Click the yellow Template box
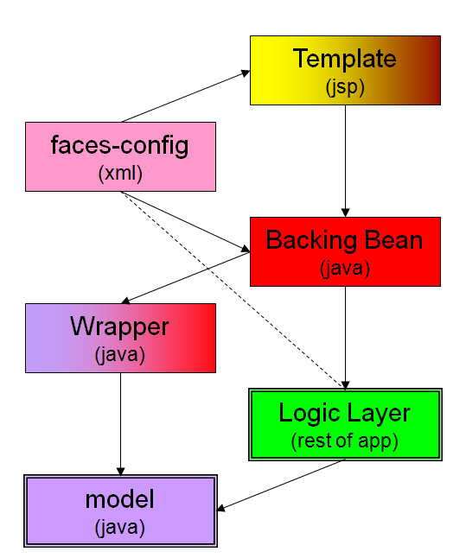click(x=345, y=70)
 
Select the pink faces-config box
click(x=120, y=156)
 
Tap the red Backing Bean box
click(x=345, y=251)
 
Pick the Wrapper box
click(x=120, y=338)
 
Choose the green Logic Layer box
click(x=345, y=425)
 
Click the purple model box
click(x=120, y=510)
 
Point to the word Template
click(x=344, y=59)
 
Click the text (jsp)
click(x=345, y=87)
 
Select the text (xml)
click(x=120, y=174)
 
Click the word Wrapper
click(x=119, y=327)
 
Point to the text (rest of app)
click(x=344, y=441)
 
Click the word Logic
click(x=310, y=414)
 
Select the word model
click(x=119, y=499)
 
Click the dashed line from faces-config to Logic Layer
click(x=233, y=290)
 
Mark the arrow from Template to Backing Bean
click(x=345, y=161)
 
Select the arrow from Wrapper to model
click(x=120, y=424)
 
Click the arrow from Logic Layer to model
click(x=281, y=485)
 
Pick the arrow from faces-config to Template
click(x=185, y=97)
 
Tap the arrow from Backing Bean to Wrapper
click(x=185, y=278)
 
